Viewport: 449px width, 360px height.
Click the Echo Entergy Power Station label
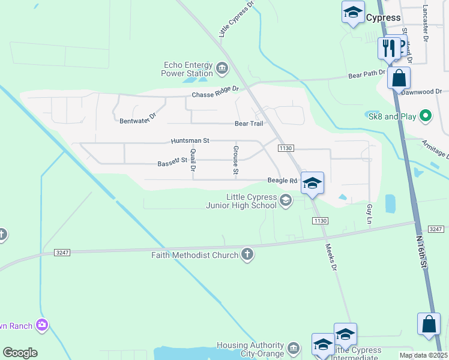(187, 69)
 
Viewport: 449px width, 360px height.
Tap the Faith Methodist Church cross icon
(247, 255)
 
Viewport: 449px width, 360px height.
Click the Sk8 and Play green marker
(426, 115)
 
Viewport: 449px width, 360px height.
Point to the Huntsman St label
(190, 140)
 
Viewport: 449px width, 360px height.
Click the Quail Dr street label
(193, 160)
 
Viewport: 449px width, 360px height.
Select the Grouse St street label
(236, 160)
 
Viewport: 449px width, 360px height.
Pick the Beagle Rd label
(282, 181)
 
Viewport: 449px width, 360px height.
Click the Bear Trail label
(249, 124)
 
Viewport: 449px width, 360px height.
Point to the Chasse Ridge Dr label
(215, 92)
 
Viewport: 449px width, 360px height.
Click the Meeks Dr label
(331, 257)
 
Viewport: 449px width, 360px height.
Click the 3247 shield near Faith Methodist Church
(62, 253)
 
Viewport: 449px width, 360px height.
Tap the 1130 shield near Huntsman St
(285, 148)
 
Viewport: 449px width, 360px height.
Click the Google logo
(20, 353)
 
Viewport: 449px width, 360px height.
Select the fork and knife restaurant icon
(388, 47)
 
